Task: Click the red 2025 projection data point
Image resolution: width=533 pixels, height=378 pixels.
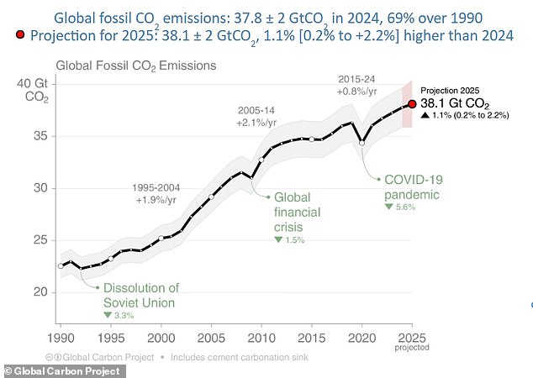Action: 412,104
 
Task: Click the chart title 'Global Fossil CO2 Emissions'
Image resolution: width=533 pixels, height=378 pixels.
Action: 135,65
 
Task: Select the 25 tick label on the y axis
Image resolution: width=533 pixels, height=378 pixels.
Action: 40,240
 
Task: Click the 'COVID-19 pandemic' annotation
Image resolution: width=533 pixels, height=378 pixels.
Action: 412,187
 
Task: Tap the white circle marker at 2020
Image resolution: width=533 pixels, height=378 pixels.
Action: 361,143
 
